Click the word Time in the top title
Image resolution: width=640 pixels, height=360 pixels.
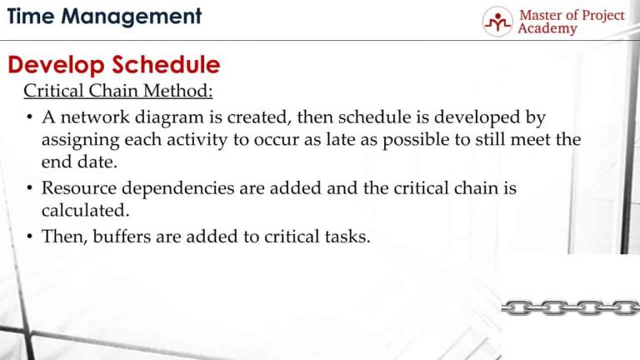[31, 16]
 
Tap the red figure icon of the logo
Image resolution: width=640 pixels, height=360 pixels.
[497, 22]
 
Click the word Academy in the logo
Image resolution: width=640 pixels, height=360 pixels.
[547, 29]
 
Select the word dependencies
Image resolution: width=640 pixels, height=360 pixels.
[177, 188]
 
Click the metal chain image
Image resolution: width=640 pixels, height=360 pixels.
[570, 307]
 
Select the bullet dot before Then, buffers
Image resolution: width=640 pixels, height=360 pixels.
[29, 237]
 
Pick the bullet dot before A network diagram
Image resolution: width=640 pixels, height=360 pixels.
[29, 117]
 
